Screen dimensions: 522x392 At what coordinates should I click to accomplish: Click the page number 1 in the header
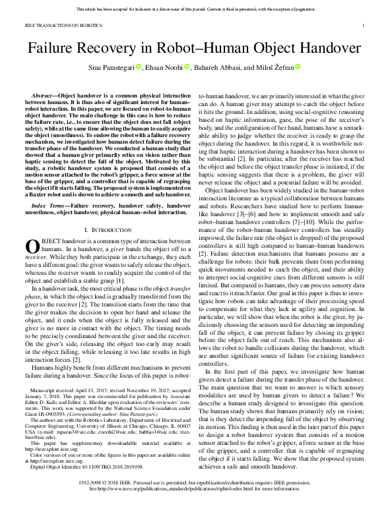364,26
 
